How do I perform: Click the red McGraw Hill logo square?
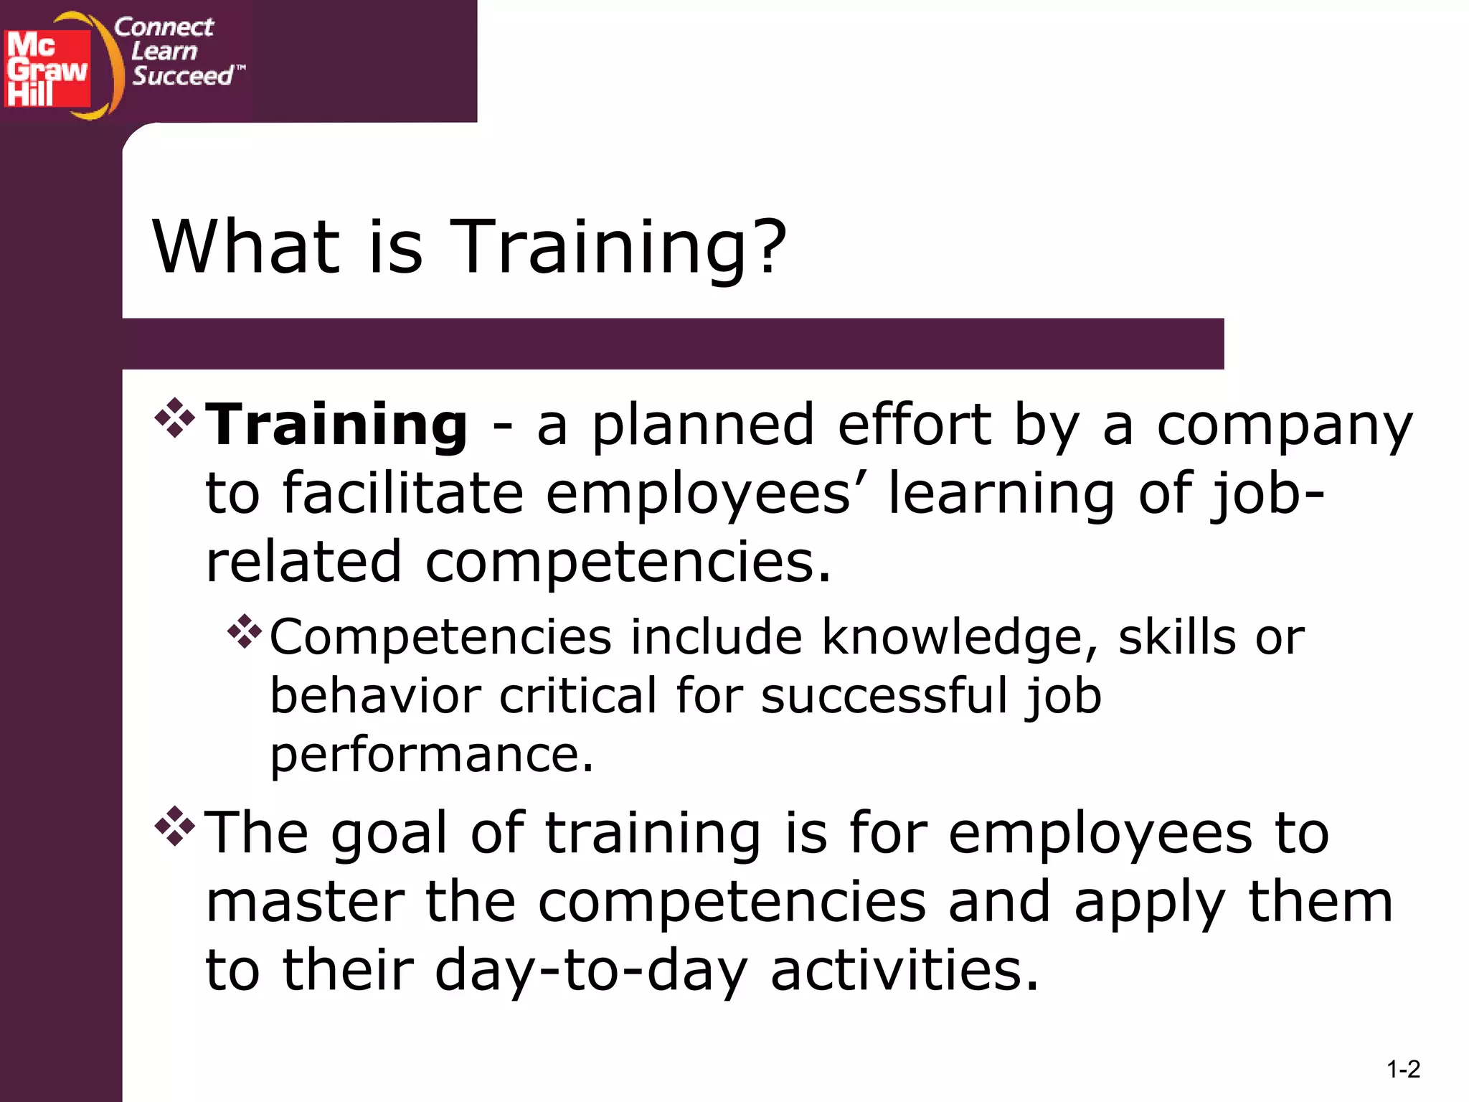click(47, 69)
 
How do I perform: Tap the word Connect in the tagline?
click(164, 27)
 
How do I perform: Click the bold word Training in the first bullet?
click(336, 425)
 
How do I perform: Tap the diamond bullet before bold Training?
click(174, 418)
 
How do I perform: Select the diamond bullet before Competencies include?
click(245, 631)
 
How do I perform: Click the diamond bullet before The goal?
click(174, 826)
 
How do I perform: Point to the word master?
click(305, 903)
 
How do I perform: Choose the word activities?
click(904, 970)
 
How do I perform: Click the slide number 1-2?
click(1403, 1070)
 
